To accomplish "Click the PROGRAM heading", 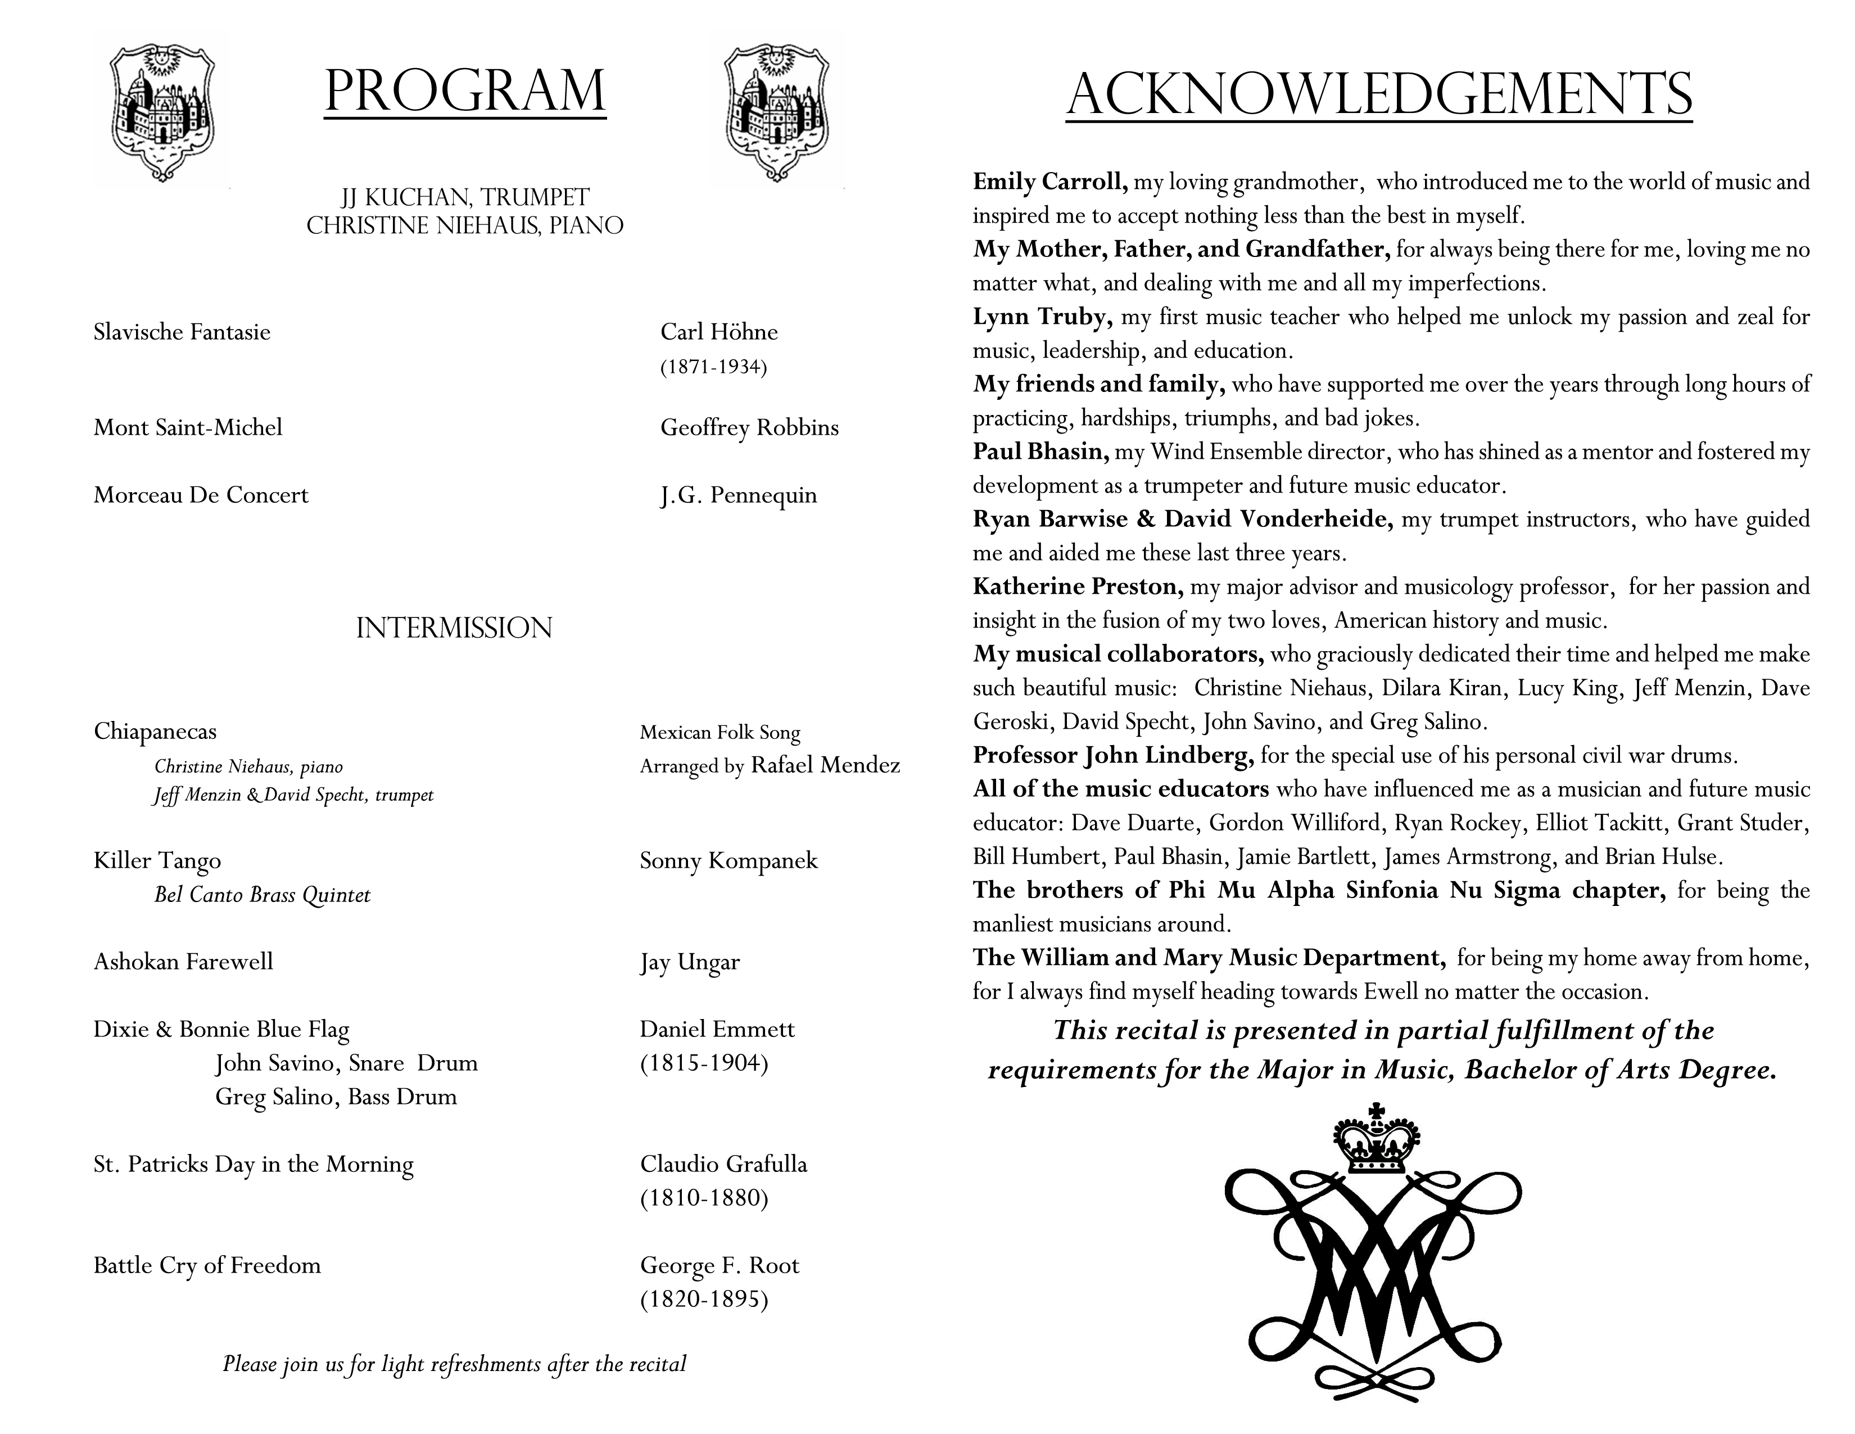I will pos(465,91).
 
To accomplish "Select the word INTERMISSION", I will pos(454,628).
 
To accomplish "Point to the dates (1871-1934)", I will pos(713,367).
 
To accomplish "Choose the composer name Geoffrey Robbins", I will pos(749,427).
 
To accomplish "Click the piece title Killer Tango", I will pos(157,860).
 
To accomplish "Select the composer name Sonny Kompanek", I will pos(728,860).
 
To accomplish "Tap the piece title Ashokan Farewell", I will pos(183,962).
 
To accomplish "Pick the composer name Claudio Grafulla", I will pos(723,1164).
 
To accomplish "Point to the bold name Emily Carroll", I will pos(1050,182).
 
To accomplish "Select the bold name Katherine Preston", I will pos(1078,586).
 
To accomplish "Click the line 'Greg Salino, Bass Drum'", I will pos(336,1097).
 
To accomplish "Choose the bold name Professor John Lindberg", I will pos(1112,755).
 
